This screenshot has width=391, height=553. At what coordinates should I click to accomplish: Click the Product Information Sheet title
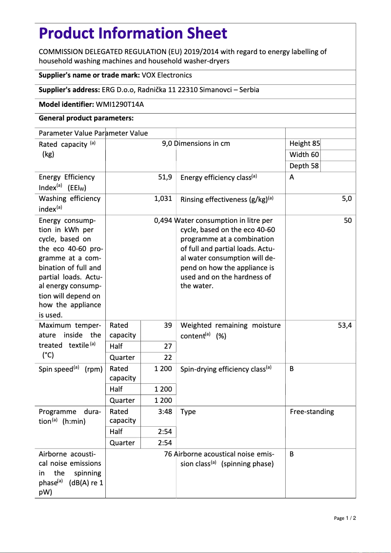(133, 34)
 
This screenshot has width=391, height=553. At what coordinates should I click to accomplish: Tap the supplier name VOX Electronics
(167, 75)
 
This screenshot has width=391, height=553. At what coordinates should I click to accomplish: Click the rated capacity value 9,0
(167, 143)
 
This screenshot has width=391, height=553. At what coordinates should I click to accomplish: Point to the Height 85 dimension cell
(305, 143)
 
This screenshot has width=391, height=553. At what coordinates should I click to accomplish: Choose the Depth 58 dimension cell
(304, 166)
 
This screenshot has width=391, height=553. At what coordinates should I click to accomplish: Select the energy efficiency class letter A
(292, 177)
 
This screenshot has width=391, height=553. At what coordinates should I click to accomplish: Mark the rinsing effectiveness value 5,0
(347, 198)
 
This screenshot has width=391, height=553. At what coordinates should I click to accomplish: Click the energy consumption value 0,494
(163, 220)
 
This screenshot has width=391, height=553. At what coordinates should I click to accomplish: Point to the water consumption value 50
(348, 220)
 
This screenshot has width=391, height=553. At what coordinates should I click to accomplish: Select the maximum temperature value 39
(168, 325)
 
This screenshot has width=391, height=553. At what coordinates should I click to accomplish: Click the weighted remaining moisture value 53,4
(345, 325)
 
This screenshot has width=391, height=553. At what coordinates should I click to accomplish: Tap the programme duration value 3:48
(165, 412)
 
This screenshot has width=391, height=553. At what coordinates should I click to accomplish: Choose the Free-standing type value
(312, 412)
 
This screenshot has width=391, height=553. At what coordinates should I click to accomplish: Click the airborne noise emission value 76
(168, 454)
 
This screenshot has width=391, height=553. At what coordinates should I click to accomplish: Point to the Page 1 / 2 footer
(345, 518)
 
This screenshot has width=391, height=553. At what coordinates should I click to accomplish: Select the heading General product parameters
(86, 118)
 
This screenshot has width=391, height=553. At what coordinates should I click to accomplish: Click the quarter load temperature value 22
(168, 357)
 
